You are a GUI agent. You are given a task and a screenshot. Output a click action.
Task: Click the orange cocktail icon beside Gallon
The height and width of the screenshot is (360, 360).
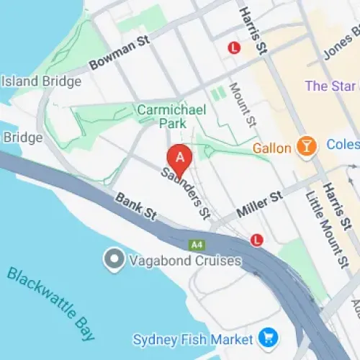307,148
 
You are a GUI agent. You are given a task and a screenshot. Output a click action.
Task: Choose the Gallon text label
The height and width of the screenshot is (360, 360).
272,148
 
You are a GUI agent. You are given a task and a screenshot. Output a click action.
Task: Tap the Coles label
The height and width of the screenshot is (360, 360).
343,145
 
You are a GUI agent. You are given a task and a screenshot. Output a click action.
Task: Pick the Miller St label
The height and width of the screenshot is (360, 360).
258,204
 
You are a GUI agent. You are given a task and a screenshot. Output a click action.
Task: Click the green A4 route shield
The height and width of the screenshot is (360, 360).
197,245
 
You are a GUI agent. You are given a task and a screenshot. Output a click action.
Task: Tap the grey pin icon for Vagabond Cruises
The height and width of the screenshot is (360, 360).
113,260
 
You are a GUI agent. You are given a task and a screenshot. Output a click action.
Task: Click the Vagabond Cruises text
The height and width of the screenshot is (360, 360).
185,261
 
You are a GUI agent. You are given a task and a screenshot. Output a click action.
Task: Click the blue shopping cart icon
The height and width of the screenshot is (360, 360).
269,337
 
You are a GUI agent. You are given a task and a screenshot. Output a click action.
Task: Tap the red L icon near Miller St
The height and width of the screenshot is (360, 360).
256,239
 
